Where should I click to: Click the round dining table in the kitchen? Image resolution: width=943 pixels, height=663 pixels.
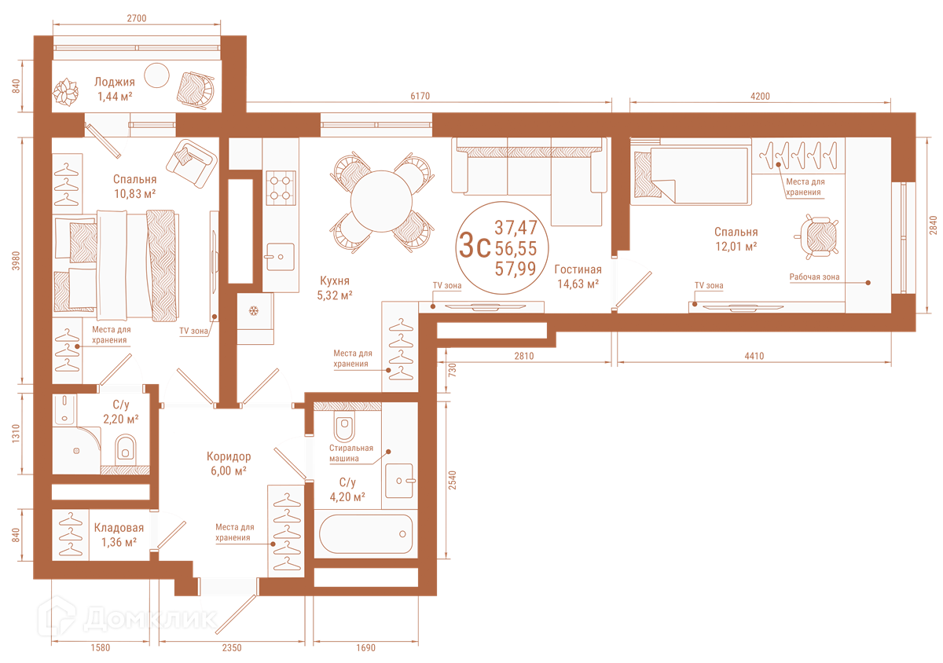pos(381,201)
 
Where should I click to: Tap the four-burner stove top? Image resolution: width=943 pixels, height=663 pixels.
pos(281,188)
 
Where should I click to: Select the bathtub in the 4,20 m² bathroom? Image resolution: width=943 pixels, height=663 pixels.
pos(365,533)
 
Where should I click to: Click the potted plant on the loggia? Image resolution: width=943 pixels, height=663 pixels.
pos(66,92)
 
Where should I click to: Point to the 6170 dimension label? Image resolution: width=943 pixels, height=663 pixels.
pos(420,96)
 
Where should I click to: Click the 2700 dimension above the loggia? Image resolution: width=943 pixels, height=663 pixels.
pos(137,18)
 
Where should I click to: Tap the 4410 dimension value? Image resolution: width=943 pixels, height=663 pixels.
pos(754,356)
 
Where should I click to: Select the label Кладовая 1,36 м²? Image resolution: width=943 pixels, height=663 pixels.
pos(119,535)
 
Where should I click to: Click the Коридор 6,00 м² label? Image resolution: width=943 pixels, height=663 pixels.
pos(229,463)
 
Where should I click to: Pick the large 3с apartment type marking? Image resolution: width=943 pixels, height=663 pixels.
pos(475,245)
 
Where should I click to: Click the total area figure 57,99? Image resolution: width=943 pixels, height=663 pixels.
pos(516,269)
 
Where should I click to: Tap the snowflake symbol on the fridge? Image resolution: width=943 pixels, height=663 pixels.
pos(253,311)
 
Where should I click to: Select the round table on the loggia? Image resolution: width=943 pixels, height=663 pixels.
pos(156,75)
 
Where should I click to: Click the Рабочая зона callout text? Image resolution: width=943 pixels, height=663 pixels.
pos(814,277)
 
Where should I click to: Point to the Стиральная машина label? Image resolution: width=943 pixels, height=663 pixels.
pos(351,453)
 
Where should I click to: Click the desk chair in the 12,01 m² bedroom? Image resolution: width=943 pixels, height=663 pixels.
pos(817,237)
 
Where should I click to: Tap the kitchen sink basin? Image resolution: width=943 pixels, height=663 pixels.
pos(280,257)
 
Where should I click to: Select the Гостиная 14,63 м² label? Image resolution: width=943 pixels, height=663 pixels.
pos(578,277)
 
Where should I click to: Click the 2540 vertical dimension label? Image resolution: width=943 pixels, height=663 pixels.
pos(452,480)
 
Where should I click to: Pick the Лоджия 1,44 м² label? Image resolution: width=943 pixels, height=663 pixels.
pos(115,90)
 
